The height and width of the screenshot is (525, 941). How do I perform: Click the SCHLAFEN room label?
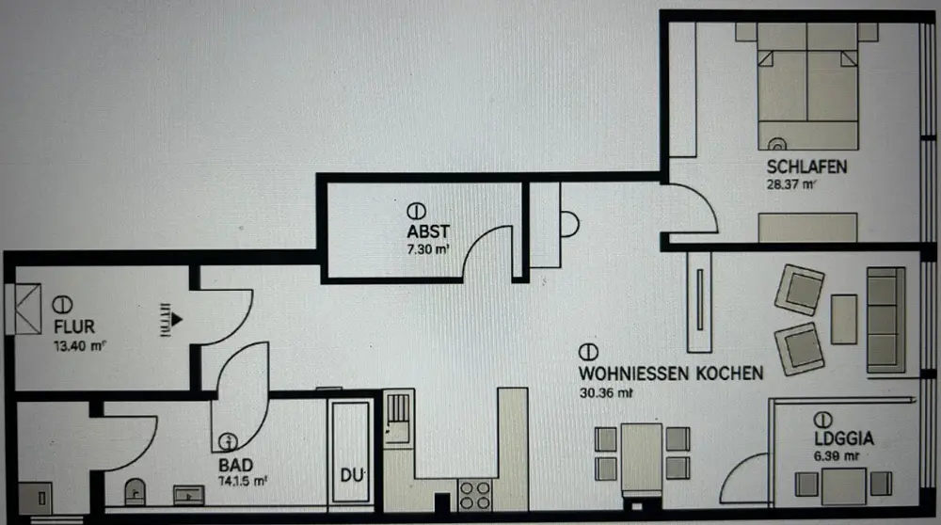coord(807,167)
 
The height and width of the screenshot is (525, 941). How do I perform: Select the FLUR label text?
coord(74,326)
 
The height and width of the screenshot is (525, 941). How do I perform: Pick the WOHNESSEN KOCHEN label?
coord(670,373)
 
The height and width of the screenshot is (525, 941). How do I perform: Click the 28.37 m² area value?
coord(790,185)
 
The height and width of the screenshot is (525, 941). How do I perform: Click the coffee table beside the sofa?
coord(844,319)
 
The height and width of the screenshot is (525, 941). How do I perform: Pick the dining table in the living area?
coord(644,456)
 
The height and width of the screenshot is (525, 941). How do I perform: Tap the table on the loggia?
coord(842,484)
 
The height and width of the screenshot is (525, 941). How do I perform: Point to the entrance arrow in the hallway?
coord(170,319)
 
